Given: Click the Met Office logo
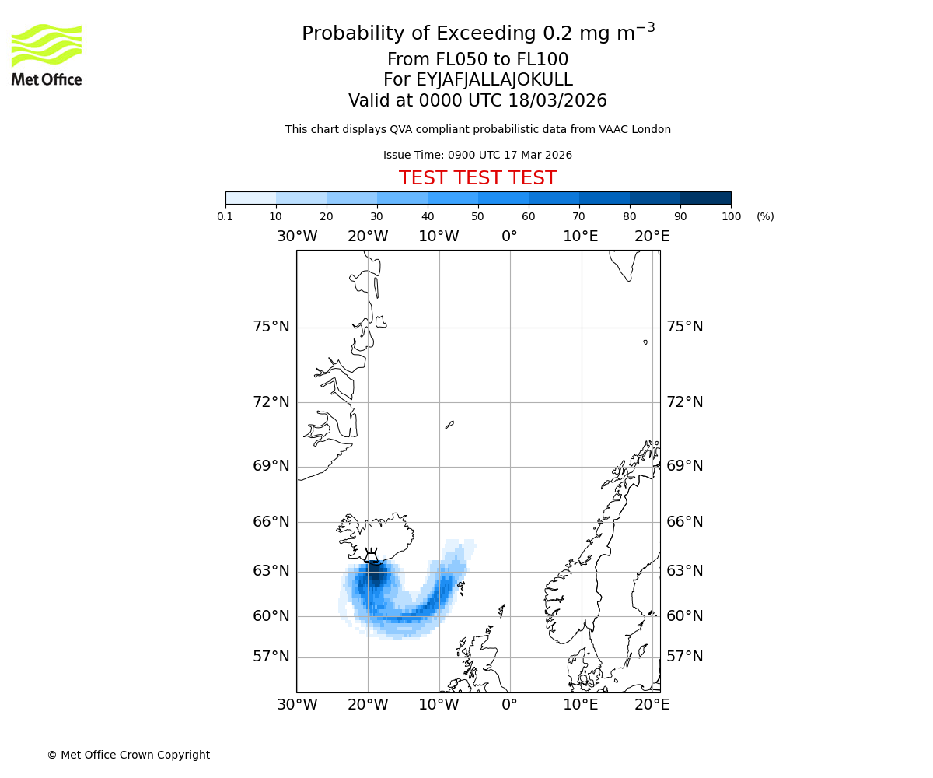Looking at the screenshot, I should point(47,54).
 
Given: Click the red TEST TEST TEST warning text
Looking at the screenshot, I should point(477,178).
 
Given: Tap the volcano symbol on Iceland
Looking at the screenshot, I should point(372,555).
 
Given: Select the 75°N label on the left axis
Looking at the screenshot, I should point(271,327).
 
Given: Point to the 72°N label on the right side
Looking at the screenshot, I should point(684,402).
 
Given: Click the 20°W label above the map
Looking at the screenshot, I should point(368,237).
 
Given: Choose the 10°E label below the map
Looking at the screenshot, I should point(581,705).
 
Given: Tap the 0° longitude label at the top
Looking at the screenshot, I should point(509,237).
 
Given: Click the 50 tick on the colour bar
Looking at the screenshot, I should point(478,216).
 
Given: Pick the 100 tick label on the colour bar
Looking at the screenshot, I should point(731,216).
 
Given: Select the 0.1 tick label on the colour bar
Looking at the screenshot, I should point(225,216).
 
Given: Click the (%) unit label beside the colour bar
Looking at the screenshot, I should point(765,216).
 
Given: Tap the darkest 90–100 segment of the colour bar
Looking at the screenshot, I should point(705,198).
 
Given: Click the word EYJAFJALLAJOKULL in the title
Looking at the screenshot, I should point(494,80).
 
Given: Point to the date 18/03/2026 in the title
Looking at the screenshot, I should point(557,101).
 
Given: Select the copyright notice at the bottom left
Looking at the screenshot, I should point(128,755).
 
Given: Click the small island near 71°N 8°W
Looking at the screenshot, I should point(449,425).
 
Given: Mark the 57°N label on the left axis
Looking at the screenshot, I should point(271,657).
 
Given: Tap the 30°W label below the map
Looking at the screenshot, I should point(297,705).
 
